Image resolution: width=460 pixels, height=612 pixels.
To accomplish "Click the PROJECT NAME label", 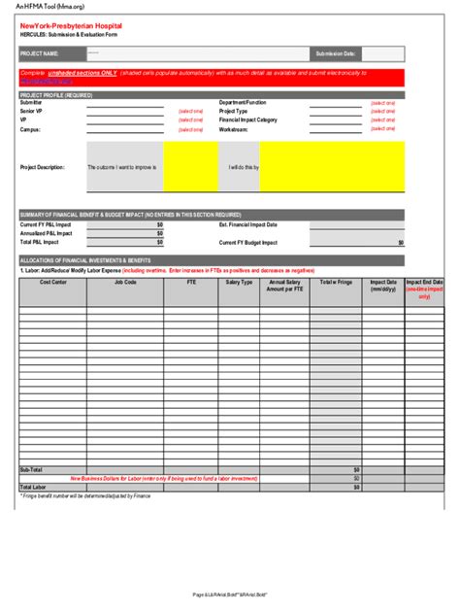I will (40, 53).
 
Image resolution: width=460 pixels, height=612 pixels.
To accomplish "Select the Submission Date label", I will (336, 53).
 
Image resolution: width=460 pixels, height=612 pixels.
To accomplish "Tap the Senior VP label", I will (31, 111).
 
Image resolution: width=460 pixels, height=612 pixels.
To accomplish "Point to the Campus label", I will (30, 128).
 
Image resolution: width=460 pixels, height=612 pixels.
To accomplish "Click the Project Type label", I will (234, 111).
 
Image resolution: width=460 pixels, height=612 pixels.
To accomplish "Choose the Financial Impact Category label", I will (248, 119).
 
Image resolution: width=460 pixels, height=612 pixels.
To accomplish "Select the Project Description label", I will (43, 167).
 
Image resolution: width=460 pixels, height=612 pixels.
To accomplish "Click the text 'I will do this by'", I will (244, 167).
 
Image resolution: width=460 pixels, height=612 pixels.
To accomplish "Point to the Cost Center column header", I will (52, 282).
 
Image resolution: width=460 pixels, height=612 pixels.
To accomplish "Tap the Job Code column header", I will (125, 282).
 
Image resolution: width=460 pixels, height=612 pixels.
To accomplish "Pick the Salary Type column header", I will (240, 282).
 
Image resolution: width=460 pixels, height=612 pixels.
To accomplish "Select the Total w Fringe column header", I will (336, 282).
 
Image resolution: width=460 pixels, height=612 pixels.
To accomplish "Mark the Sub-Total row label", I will (32, 469).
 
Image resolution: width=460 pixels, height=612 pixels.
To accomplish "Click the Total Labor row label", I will (34, 487).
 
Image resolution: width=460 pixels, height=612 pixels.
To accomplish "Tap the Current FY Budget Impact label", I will (248, 242).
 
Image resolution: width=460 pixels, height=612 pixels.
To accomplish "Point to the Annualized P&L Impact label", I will (47, 233).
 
